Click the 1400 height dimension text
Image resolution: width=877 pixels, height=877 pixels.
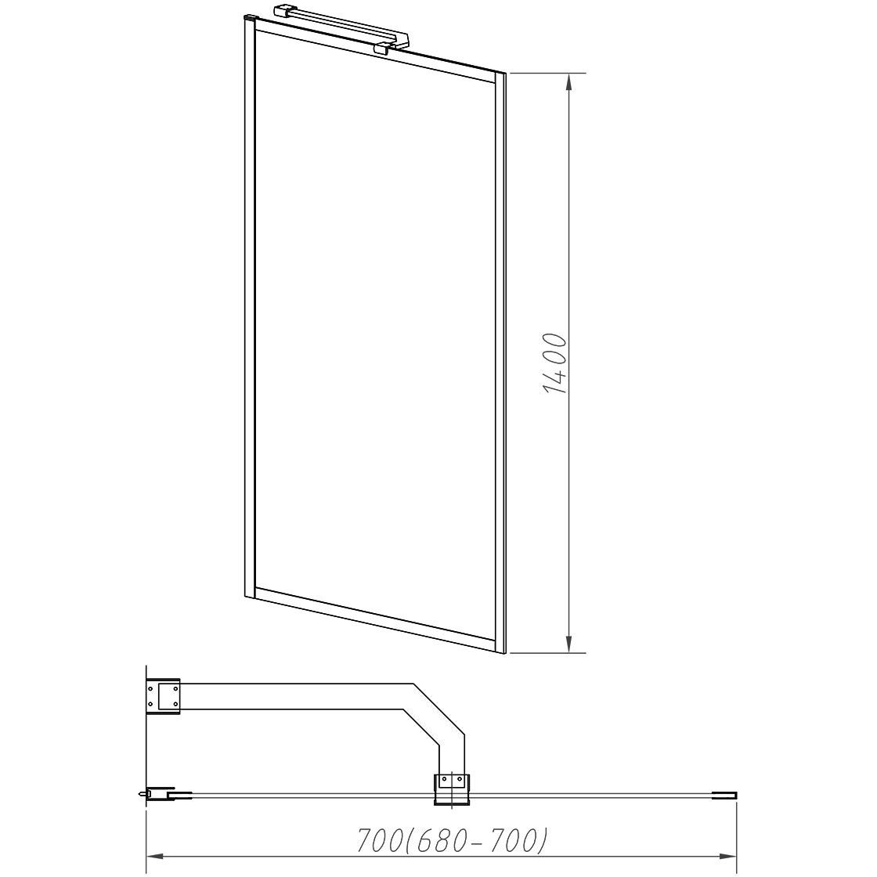coord(555,363)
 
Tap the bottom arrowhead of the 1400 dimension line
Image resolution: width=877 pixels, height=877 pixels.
coord(568,644)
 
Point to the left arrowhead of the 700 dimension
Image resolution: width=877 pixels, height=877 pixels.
coord(155,857)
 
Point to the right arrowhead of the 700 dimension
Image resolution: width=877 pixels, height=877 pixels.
coord(727,857)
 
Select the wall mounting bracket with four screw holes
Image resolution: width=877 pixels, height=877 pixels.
coord(163,696)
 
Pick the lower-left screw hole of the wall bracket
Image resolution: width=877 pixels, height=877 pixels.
coord(150,704)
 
